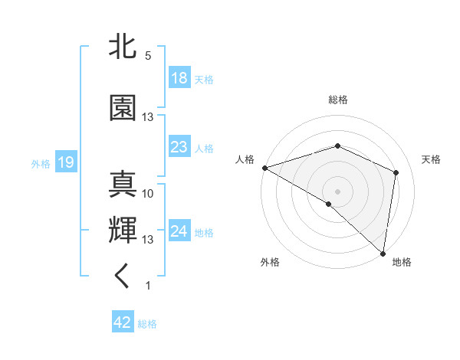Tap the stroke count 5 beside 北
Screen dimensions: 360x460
(x=148, y=56)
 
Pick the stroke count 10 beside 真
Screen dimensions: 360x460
(x=148, y=194)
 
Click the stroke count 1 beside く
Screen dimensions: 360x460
(x=148, y=286)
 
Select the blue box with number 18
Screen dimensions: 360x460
(x=179, y=78)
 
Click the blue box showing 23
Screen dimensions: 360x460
(x=179, y=147)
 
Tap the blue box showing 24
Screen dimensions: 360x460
(x=179, y=231)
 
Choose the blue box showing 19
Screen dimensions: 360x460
(x=65, y=162)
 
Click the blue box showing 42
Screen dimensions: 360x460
(x=123, y=322)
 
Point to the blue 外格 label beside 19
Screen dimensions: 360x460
(x=41, y=163)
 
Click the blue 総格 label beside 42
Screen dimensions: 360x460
(x=147, y=324)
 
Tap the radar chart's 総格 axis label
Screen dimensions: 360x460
(x=337, y=100)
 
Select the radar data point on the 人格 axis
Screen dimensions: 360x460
(x=264, y=168)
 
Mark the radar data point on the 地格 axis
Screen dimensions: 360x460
(x=383, y=253)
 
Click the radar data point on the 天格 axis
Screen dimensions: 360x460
(x=396, y=172)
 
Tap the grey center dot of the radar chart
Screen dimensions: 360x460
(x=337, y=191)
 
